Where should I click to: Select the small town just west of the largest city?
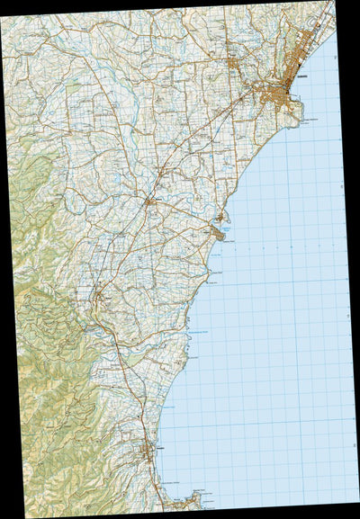tap(236, 64)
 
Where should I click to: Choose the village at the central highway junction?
tap(150, 205)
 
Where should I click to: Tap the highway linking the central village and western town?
tap(126, 252)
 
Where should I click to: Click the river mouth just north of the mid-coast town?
tap(220, 219)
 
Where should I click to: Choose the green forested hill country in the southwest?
tap(45, 378)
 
